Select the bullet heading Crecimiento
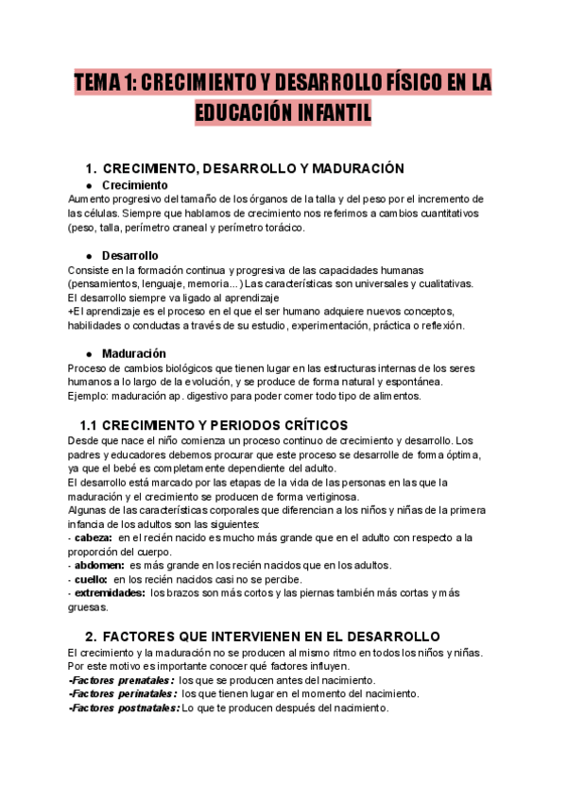(134, 185)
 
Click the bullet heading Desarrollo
(129, 256)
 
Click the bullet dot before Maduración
(89, 353)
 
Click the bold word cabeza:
(94, 537)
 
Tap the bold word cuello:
(92, 579)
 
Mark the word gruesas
(89, 607)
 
